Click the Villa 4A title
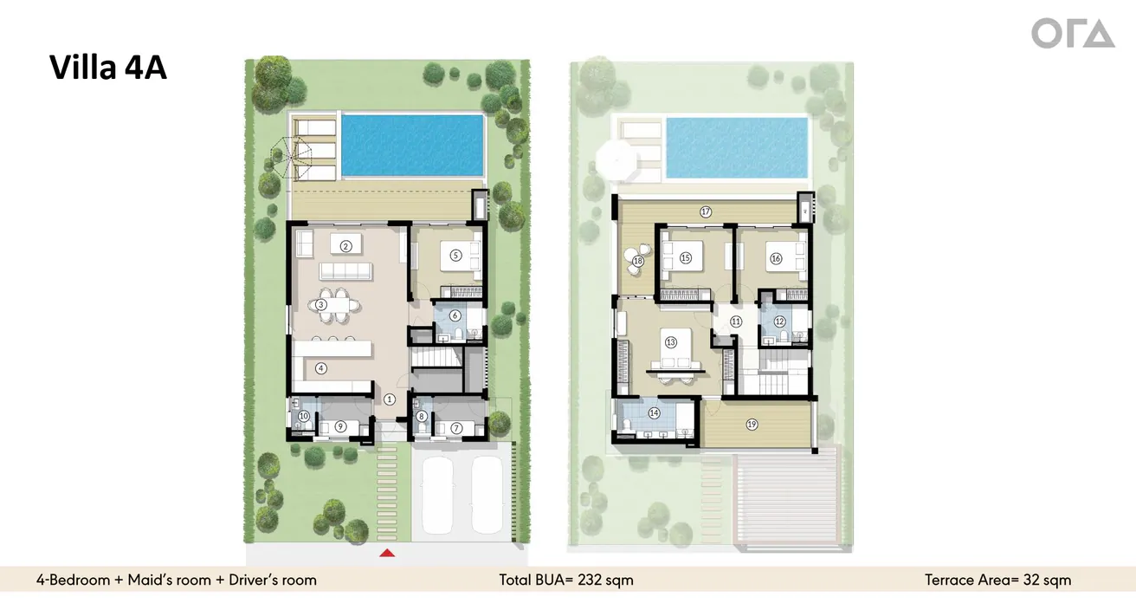pyautogui.click(x=108, y=67)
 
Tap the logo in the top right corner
pyautogui.click(x=1072, y=34)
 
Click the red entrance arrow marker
pyautogui.click(x=389, y=552)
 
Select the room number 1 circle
pyautogui.click(x=390, y=399)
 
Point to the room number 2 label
pyautogui.click(x=345, y=246)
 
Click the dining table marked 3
pyautogui.click(x=321, y=305)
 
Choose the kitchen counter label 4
pyautogui.click(x=321, y=367)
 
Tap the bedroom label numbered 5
pyautogui.click(x=455, y=256)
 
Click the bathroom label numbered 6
pyautogui.click(x=455, y=315)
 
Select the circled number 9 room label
pyautogui.click(x=340, y=425)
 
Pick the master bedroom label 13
pyautogui.click(x=670, y=342)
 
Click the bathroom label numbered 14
pyautogui.click(x=654, y=413)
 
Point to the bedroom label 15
pyautogui.click(x=686, y=257)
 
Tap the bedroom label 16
pyautogui.click(x=776, y=258)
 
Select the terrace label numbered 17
pyautogui.click(x=706, y=211)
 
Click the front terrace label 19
pyautogui.click(x=752, y=424)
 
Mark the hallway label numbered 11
pyautogui.click(x=736, y=321)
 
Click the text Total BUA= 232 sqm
pyautogui.click(x=565, y=580)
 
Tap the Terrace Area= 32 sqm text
pyautogui.click(x=997, y=580)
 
